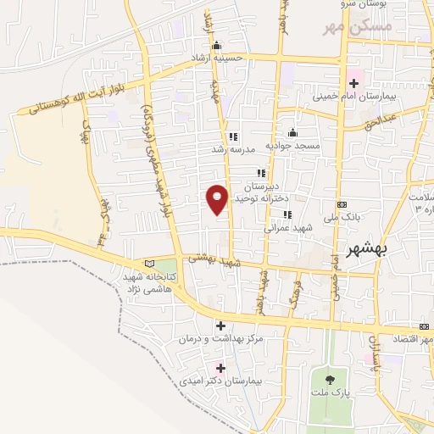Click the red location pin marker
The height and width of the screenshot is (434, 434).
(217, 198)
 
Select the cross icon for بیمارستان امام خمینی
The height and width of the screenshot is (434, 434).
(353, 83)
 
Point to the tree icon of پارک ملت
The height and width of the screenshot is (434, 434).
(330, 378)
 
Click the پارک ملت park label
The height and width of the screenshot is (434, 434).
(332, 394)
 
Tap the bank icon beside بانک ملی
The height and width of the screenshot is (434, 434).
(342, 204)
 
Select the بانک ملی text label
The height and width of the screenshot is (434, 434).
(347, 217)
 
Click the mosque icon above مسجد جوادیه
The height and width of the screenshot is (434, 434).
(292, 132)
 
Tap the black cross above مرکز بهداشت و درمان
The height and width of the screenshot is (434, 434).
(220, 325)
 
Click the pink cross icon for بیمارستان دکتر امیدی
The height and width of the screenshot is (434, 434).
(220, 368)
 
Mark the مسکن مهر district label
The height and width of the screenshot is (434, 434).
(356, 29)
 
